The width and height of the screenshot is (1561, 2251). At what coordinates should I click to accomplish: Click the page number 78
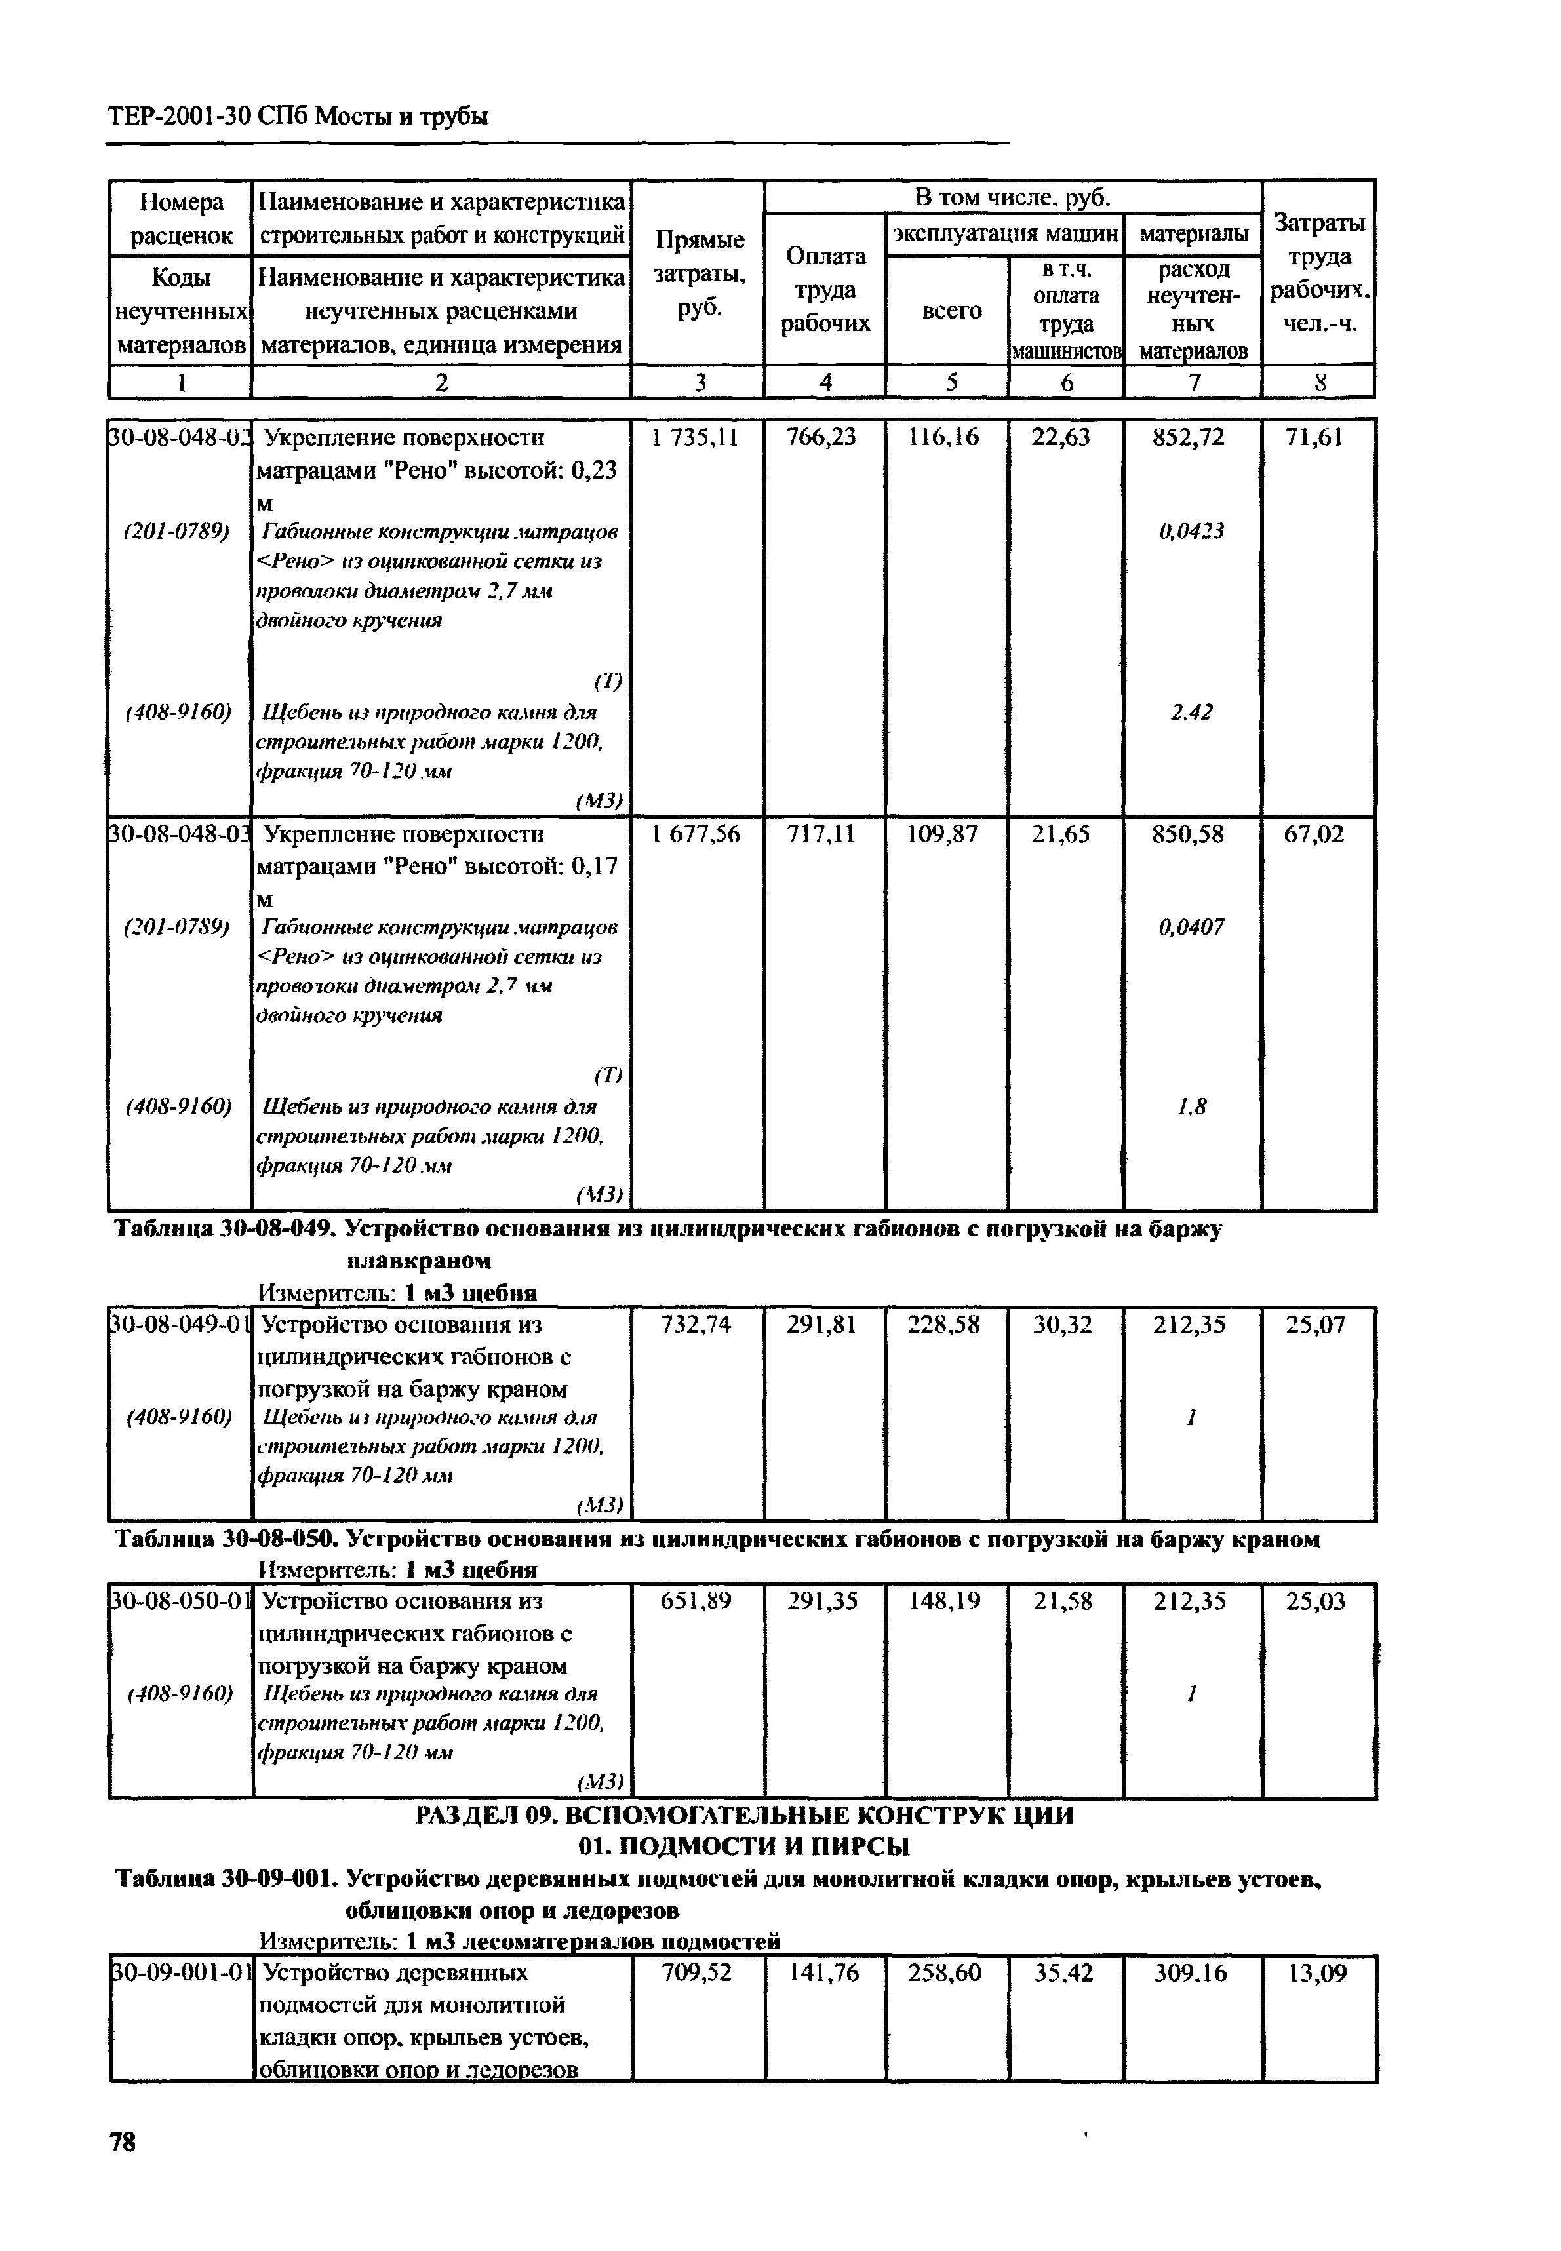123,2142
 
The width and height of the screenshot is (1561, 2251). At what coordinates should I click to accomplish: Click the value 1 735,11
696,438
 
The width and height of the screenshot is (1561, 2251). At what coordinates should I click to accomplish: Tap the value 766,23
821,438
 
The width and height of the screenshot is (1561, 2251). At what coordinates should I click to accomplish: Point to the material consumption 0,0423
1191,531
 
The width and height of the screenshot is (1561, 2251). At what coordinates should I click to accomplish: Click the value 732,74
696,1325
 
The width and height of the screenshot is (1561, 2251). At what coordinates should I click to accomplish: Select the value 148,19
944,1601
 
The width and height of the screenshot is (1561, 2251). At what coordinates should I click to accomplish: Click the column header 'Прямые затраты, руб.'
698,274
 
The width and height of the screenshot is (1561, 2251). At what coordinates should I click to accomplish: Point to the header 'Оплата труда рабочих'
825,290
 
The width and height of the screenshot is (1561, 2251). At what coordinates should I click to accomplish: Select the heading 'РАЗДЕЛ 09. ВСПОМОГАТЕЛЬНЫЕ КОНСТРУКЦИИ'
744,1816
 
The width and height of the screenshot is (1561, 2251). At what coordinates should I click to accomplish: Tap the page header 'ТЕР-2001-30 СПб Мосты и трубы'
298,117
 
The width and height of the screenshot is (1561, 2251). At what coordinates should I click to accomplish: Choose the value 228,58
944,1325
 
